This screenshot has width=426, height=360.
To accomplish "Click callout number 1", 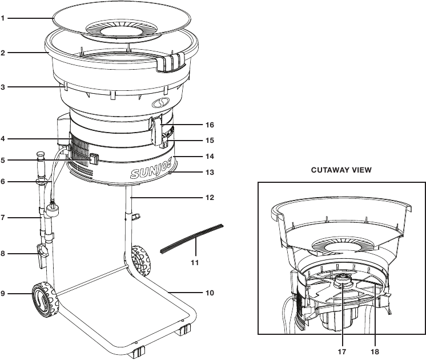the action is pos(3,18).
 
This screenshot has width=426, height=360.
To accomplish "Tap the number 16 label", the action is pos(210,125).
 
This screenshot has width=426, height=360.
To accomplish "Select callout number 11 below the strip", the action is pos(195,263).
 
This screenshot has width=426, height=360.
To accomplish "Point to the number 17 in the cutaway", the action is pos(342,351).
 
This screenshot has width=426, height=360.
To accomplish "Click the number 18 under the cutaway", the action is pos(375,351).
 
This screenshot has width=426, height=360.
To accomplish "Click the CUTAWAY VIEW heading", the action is pos(341,170).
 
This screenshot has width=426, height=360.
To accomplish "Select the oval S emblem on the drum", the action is pos(160,102).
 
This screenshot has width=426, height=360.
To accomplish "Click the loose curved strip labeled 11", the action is pos(192,238).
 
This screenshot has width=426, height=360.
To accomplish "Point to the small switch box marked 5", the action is pos(94,159).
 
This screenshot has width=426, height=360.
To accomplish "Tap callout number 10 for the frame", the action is pos(210,293).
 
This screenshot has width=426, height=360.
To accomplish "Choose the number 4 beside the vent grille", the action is pos(3,139).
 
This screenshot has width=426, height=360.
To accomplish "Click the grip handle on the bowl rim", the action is pos(171,62).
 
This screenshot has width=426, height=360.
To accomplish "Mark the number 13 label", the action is pos(210,173).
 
